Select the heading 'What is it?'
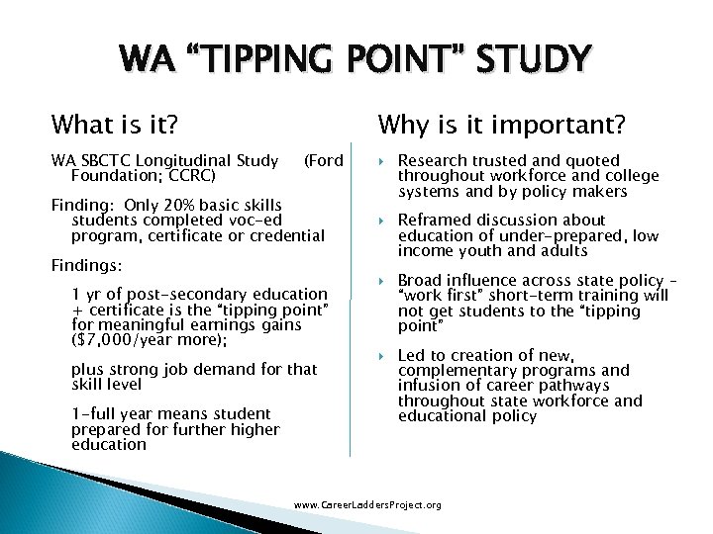(115, 125)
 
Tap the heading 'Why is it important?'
(501, 125)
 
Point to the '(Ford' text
(323, 160)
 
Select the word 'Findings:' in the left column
(87, 267)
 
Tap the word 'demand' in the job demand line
(212, 369)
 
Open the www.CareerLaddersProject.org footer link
(367, 505)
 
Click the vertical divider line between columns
(350, 297)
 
